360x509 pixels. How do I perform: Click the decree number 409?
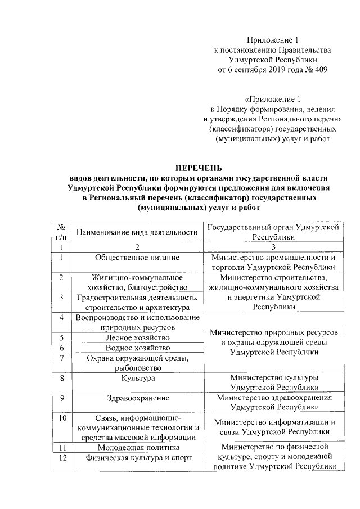coord(318,70)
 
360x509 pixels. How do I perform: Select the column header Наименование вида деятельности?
coord(137,232)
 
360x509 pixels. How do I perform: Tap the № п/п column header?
coord(60,232)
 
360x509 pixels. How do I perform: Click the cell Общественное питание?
coord(137,258)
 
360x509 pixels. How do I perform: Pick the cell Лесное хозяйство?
coord(137,337)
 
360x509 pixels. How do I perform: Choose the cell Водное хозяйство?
coord(137,348)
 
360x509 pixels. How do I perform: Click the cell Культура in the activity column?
coord(137,379)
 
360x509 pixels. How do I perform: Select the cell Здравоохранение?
coord(137,398)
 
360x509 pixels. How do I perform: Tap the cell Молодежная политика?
coord(137,447)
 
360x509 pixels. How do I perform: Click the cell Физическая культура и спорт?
coord(137,457)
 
